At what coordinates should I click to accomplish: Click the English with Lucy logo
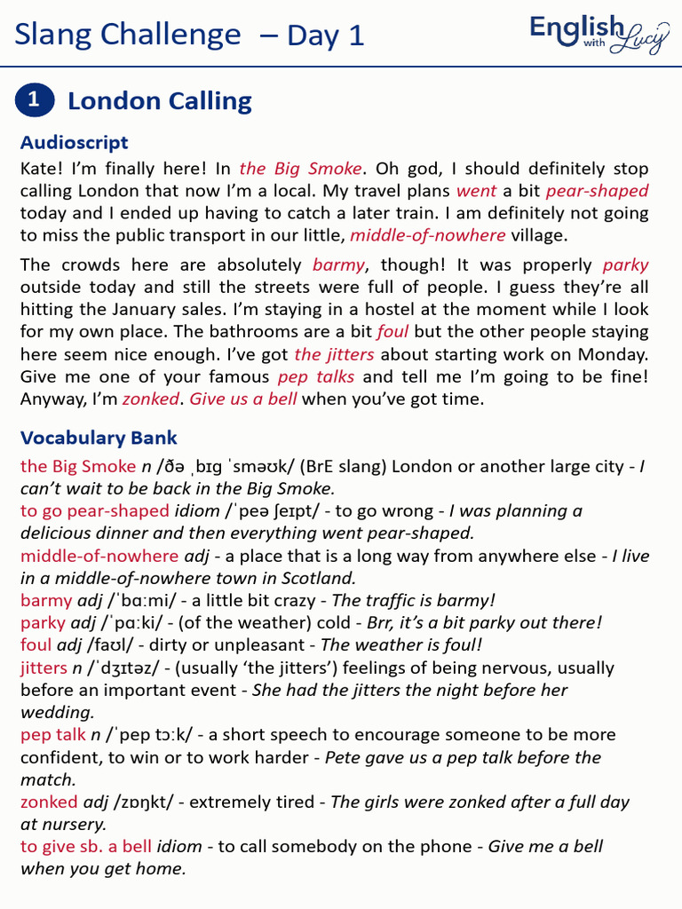(x=599, y=34)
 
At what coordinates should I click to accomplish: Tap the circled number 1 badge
(x=35, y=100)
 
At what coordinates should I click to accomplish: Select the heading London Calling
(x=160, y=101)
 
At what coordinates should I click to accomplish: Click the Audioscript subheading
(x=74, y=142)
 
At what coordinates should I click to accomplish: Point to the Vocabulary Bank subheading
(x=99, y=438)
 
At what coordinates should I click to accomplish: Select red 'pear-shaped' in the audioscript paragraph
(x=597, y=191)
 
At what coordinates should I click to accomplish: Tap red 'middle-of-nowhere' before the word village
(x=427, y=235)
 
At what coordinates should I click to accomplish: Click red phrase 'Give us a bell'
(x=243, y=399)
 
